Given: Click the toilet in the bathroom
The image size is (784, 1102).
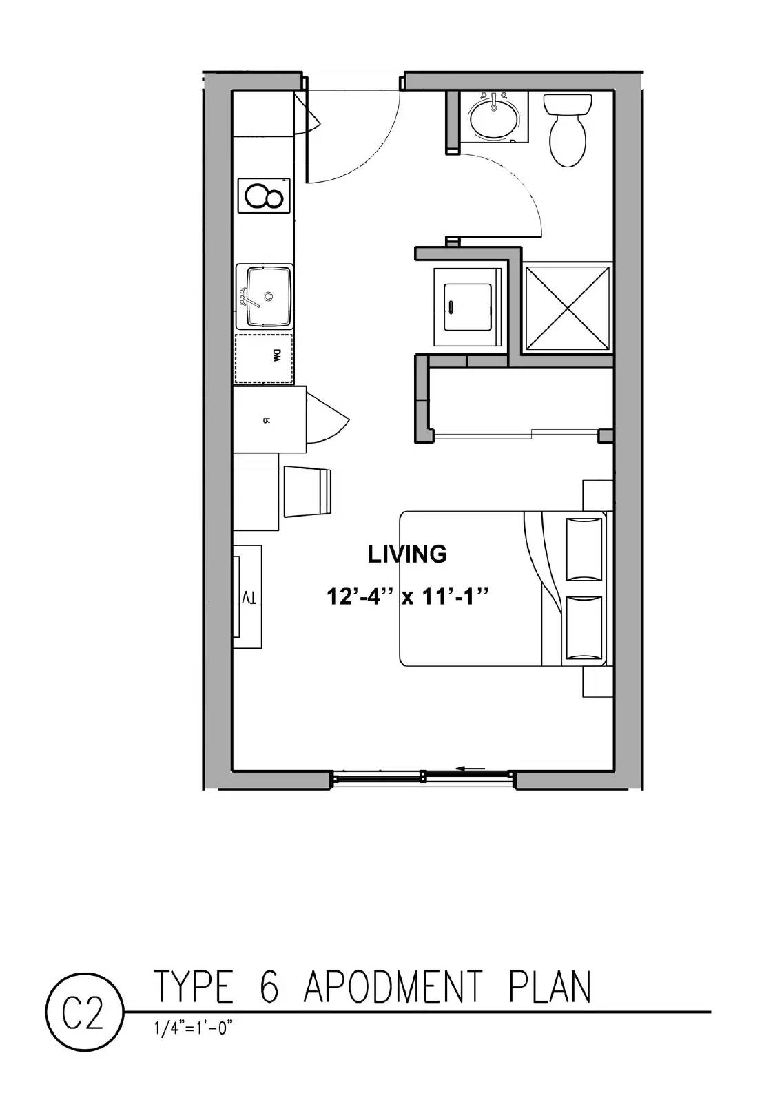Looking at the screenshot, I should pos(568,131).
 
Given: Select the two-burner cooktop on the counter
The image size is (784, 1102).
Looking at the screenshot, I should pos(264,196).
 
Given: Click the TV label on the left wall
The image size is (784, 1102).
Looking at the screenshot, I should pos(249,597).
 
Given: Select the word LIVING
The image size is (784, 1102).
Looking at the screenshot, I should pos(407,554).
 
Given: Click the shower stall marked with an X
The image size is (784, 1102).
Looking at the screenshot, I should pos(567,307).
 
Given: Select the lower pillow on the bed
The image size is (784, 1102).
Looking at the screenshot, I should pos(585,628).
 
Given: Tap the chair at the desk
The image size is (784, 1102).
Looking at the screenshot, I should pos(308,490).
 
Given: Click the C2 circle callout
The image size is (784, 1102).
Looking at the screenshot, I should pos(83,1017).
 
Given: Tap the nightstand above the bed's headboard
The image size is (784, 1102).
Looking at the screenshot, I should pos(598,495).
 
